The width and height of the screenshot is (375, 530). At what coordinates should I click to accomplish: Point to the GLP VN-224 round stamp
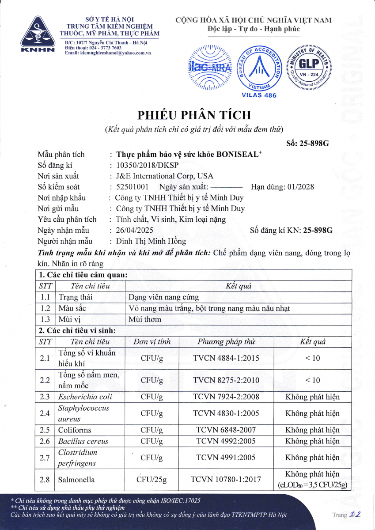click(310, 67)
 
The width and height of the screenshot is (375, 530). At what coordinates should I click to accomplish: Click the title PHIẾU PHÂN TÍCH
click(194, 115)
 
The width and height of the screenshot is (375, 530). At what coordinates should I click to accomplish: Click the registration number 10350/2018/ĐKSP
click(145, 165)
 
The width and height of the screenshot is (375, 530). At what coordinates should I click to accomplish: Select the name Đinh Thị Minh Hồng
click(151, 241)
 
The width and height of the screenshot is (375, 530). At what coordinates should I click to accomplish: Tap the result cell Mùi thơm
click(144, 319)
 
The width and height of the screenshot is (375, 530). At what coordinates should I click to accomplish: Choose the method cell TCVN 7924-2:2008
click(226, 397)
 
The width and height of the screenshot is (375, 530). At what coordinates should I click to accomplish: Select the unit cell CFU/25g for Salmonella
click(152, 479)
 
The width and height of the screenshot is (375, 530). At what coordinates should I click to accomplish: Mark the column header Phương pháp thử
click(226, 341)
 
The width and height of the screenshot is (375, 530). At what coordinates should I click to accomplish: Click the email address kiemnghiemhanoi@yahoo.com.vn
click(114, 53)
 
